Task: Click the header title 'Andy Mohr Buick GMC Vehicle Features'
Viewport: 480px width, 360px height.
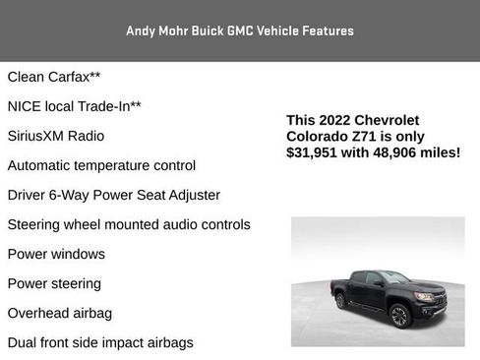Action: coord(240,30)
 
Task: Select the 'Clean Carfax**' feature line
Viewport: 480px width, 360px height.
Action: coord(54,77)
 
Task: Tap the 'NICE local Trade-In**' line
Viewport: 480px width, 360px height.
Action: coord(75,106)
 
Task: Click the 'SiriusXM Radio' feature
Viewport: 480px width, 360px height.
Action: coord(56,136)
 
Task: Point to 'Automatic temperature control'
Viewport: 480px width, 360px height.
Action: coord(101,165)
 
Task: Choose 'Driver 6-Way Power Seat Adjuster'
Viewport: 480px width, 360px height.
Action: coord(114,195)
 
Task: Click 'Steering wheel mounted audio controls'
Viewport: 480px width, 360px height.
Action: coord(129,224)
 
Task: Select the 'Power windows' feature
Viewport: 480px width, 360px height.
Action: coord(56,254)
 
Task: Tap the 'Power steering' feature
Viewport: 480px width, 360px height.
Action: coord(54,283)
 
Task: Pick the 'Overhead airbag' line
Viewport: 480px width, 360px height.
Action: coord(60,313)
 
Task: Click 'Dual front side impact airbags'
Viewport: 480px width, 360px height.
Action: coord(100,342)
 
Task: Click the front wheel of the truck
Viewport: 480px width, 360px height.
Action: coord(399,315)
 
